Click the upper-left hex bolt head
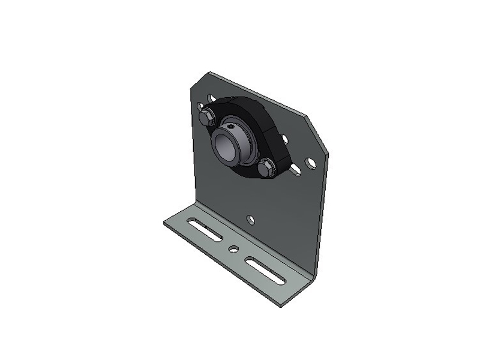[x=205, y=116]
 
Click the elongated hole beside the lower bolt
[x=296, y=172]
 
